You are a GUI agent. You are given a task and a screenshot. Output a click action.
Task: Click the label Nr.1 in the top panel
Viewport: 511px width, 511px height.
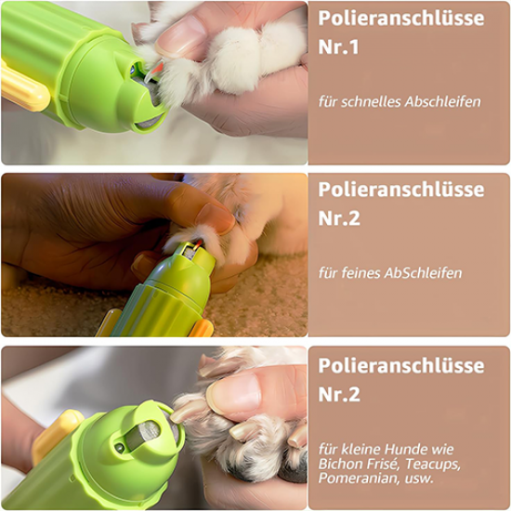(338, 47)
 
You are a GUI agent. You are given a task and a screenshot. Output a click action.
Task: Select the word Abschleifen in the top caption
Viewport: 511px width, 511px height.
(443, 101)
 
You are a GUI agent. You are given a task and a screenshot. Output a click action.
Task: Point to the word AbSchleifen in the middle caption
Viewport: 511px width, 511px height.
(423, 273)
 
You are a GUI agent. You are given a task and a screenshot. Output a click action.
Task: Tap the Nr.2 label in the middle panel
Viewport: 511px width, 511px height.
(339, 218)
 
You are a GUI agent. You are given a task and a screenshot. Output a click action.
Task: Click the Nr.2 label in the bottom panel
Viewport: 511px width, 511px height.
(339, 394)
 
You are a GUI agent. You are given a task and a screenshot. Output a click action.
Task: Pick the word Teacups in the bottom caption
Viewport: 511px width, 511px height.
(433, 465)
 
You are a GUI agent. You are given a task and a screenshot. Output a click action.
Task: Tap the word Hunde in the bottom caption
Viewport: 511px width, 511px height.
(402, 450)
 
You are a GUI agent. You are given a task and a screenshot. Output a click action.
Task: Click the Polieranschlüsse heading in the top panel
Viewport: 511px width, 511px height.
(401, 19)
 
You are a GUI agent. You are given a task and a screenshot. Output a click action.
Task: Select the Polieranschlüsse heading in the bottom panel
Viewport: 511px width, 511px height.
(401, 366)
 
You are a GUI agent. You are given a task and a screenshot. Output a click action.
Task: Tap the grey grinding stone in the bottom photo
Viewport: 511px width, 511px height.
(143, 434)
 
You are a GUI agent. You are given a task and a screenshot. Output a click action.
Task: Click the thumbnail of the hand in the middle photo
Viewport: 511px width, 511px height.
(216, 217)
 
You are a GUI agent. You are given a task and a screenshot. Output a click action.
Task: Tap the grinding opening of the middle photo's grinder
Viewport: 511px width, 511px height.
(193, 250)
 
